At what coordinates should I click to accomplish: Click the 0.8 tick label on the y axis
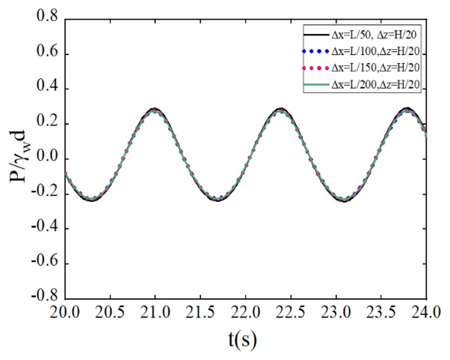point(47,17)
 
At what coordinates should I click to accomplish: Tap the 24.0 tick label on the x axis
point(426,313)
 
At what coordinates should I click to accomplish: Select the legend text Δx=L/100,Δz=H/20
point(375,52)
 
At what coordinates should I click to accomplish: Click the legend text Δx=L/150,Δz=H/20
point(375,68)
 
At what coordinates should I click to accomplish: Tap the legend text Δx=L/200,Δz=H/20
point(375,85)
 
